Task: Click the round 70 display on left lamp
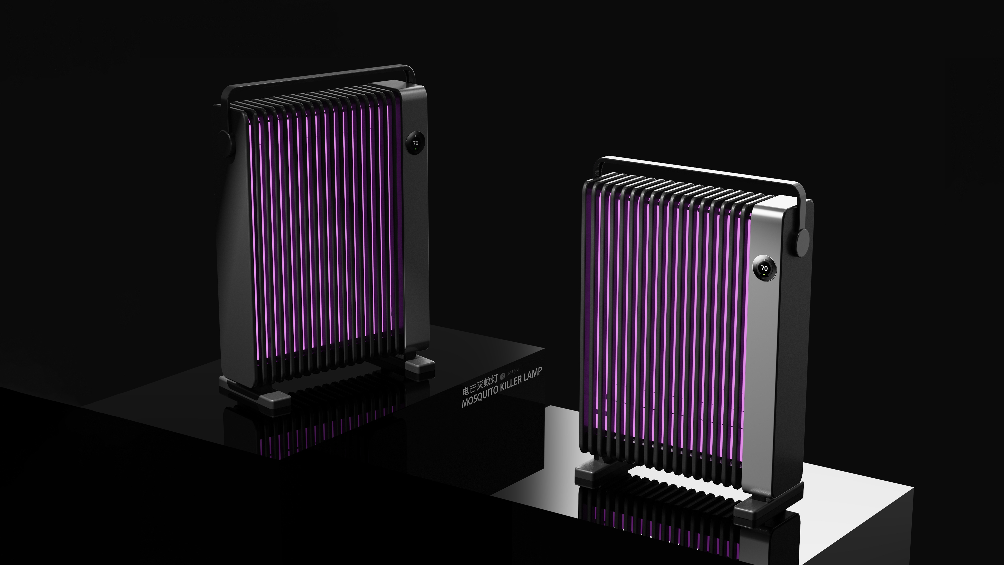(x=415, y=143)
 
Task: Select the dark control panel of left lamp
(x=415, y=234)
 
